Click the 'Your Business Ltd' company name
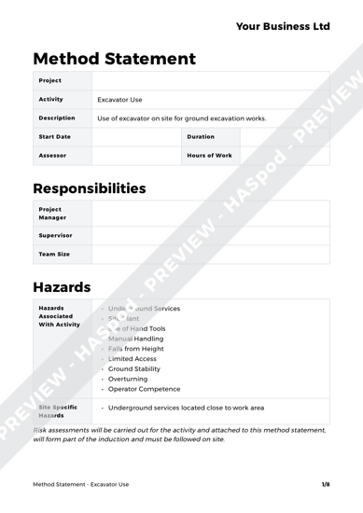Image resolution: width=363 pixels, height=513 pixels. [x=283, y=26]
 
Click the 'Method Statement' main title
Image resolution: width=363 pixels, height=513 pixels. [x=115, y=59]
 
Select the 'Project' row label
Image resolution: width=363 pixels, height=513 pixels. [x=50, y=80]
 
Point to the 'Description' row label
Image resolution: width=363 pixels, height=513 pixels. [x=57, y=118]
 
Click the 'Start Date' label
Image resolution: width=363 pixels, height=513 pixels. [x=54, y=137]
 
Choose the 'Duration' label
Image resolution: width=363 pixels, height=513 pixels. [x=202, y=137]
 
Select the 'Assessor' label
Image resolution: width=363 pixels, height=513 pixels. [x=51, y=156]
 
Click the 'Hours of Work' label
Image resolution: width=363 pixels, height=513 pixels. [x=210, y=156]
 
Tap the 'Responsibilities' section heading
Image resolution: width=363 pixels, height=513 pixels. [x=90, y=188]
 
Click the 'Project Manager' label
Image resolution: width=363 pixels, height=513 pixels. [x=50, y=214]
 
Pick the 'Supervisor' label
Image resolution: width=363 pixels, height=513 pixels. [x=55, y=235]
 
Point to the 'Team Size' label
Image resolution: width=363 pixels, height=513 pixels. [x=54, y=254]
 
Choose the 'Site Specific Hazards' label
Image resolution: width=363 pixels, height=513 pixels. [x=58, y=411]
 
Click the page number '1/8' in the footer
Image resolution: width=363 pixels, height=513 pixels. [x=326, y=485]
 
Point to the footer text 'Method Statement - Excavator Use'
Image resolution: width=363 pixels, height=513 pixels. [x=81, y=485]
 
